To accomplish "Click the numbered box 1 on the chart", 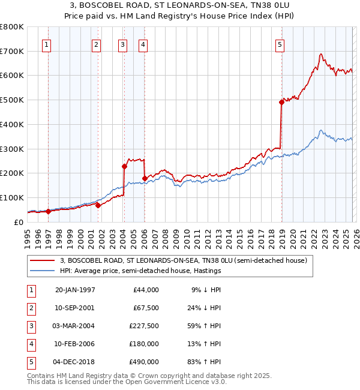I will (x=47, y=43).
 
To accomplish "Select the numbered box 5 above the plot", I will (x=280, y=43).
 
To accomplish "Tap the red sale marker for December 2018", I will (x=281, y=102).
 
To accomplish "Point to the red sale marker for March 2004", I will (x=124, y=166).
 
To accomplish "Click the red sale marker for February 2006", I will (x=145, y=178).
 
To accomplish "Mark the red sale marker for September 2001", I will (x=98, y=205).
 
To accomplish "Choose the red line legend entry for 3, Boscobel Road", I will (x=184, y=260).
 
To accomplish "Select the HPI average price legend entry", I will (x=140, y=271).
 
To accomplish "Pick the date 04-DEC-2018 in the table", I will (x=74, y=362).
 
